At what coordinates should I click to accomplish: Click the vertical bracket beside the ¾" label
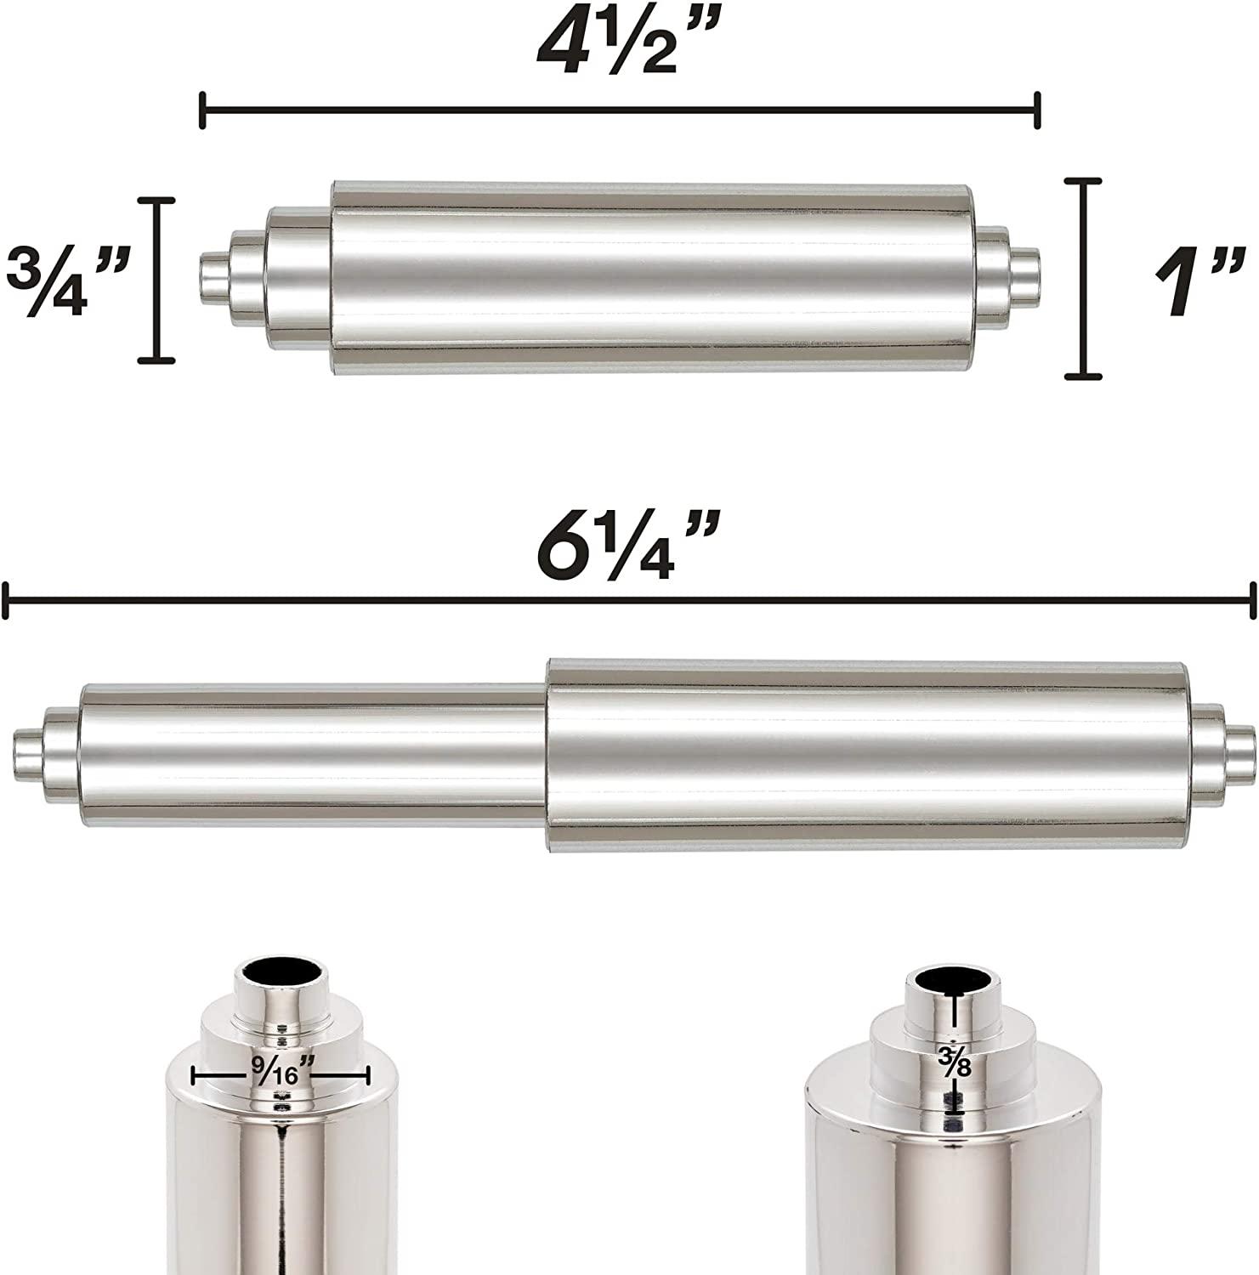pos(157,280)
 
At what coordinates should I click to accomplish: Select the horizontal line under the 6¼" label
pos(629,601)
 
